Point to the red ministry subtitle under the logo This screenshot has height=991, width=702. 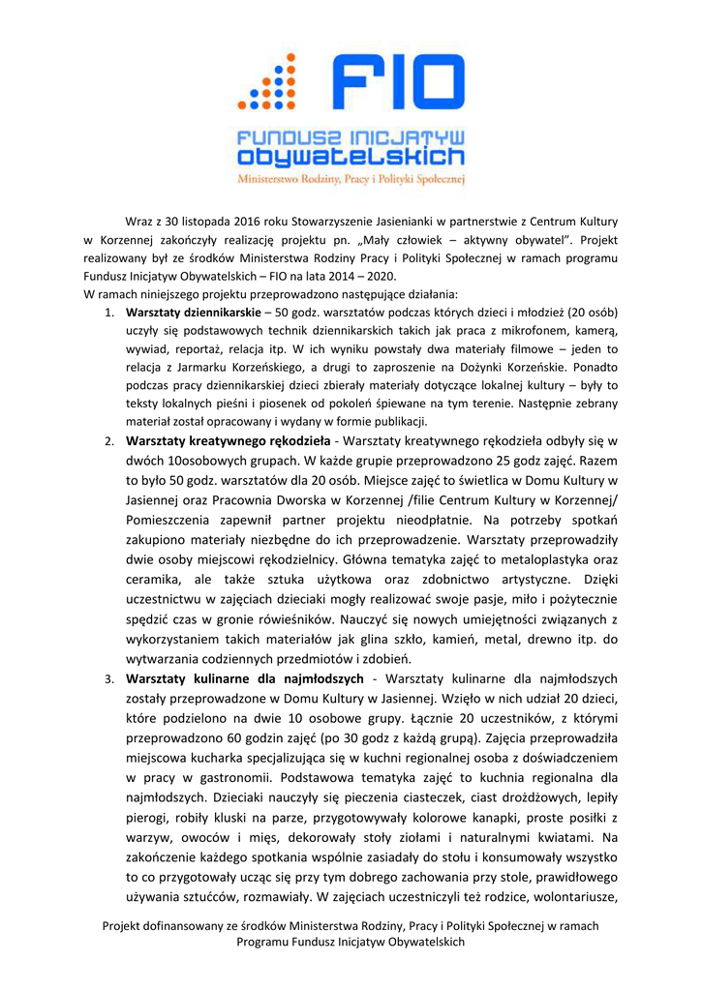point(351,179)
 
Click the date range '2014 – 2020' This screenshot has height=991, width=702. point(351,275)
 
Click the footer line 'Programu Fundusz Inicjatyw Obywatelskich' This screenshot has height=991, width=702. point(351,942)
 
